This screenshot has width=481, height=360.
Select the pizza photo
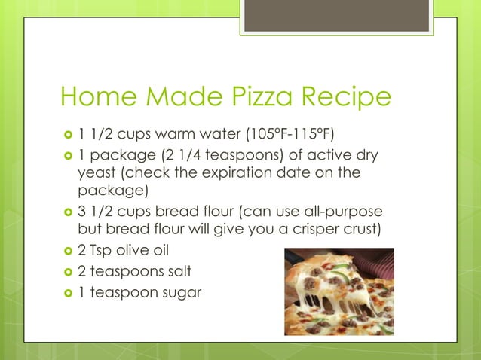[339, 291]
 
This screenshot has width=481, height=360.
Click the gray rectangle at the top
[336, 15]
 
